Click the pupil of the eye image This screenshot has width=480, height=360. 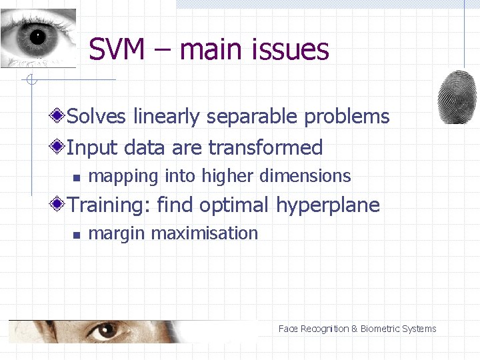pos(36,37)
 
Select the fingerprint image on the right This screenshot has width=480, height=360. pos(457,97)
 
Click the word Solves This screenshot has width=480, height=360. pos(97,117)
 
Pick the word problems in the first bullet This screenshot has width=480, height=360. pos(347,117)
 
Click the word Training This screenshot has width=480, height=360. pos(109,205)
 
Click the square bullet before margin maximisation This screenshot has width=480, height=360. pos(77,235)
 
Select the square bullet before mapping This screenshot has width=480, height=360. pos(77,177)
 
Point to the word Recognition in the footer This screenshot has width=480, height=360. pos(325,329)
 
